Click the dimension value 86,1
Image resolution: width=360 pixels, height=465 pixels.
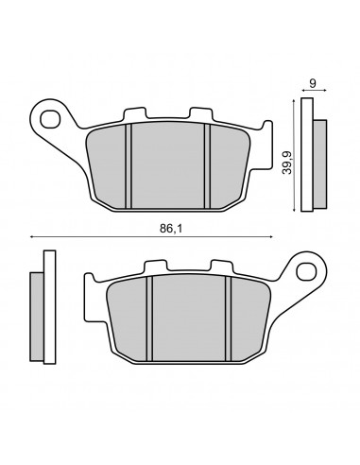pos(171,229)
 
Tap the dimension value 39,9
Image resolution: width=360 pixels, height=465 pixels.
pos(287,163)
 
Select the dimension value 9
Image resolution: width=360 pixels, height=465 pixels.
pos(313,83)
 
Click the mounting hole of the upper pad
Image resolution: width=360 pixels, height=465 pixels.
pos(50,119)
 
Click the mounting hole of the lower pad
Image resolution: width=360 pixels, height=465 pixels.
pos(306,271)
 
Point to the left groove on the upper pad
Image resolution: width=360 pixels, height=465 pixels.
pos(129,166)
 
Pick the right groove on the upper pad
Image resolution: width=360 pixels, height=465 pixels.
pos(207,166)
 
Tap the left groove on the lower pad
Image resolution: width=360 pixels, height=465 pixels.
pos(149,319)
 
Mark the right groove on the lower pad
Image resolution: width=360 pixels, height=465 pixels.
pos(229,319)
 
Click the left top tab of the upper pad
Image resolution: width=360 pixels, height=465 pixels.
pos(135,114)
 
